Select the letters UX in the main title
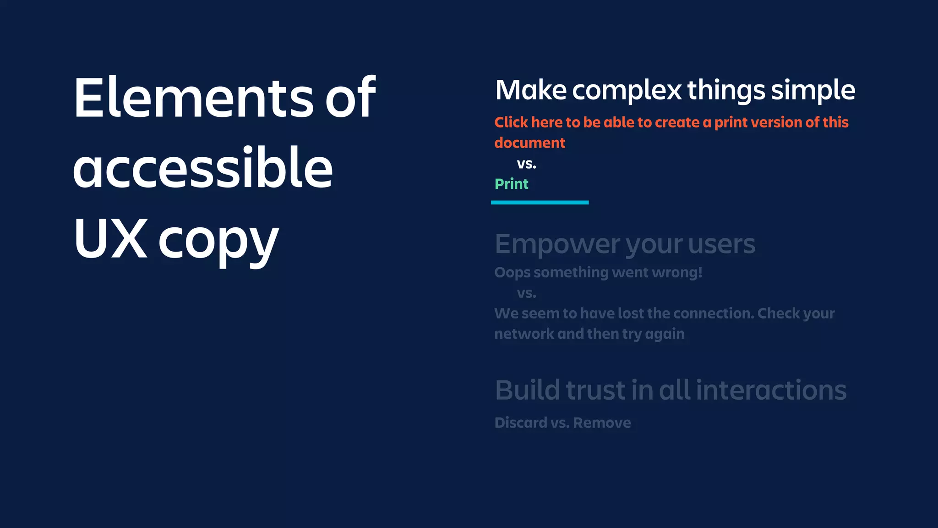click(110, 238)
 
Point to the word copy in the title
click(218, 241)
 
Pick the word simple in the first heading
click(813, 90)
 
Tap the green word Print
click(511, 184)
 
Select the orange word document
click(529, 143)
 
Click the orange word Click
click(511, 122)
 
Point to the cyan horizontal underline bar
click(540, 202)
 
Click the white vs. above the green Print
click(526, 164)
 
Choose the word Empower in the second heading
click(557, 244)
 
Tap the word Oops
click(512, 273)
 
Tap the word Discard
click(521, 423)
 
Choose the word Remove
click(602, 423)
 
